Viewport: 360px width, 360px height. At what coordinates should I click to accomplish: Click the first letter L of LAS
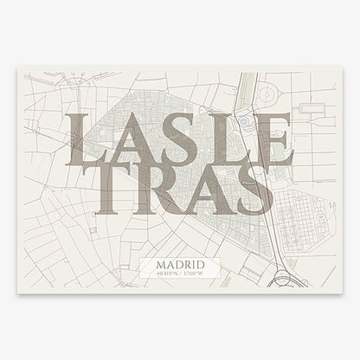(85, 138)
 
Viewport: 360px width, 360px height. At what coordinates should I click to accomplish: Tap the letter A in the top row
(130, 138)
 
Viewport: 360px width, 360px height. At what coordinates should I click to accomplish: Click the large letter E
(271, 138)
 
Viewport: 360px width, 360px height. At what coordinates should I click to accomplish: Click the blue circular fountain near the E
(244, 123)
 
